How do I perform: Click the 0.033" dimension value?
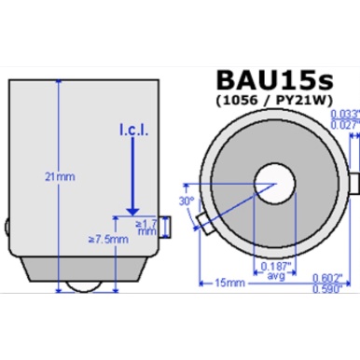click(x=343, y=114)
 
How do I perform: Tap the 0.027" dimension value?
click(x=343, y=125)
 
